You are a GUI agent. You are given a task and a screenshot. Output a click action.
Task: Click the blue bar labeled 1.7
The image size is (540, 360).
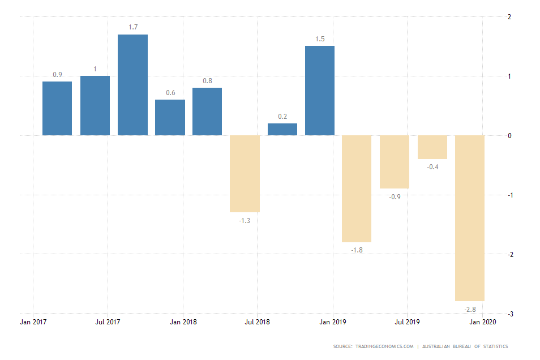click(x=132, y=85)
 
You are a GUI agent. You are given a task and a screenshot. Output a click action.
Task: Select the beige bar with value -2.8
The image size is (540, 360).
click(x=470, y=218)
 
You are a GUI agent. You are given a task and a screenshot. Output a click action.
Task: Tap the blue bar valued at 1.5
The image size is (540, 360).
click(x=320, y=91)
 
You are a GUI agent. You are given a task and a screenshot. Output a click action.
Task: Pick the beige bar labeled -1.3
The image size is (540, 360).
click(x=245, y=173)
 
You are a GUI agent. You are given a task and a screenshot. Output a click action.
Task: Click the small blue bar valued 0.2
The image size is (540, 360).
click(x=282, y=129)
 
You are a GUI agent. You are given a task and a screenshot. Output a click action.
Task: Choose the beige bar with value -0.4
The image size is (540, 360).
click(x=432, y=147)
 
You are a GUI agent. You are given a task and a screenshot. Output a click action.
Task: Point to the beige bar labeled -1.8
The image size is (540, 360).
click(x=357, y=188)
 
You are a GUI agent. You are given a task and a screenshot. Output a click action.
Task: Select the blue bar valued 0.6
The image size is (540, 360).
click(x=170, y=117)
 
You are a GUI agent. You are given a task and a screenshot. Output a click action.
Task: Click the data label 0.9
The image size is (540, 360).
click(x=58, y=75)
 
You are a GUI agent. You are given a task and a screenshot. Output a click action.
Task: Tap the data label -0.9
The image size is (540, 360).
click(x=395, y=197)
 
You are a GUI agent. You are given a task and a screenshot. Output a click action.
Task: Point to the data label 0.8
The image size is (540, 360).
click(x=207, y=81)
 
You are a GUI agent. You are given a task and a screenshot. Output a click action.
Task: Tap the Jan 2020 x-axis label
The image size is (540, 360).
click(x=482, y=322)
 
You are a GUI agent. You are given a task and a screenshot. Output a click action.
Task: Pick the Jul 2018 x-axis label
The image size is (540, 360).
click(x=257, y=322)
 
